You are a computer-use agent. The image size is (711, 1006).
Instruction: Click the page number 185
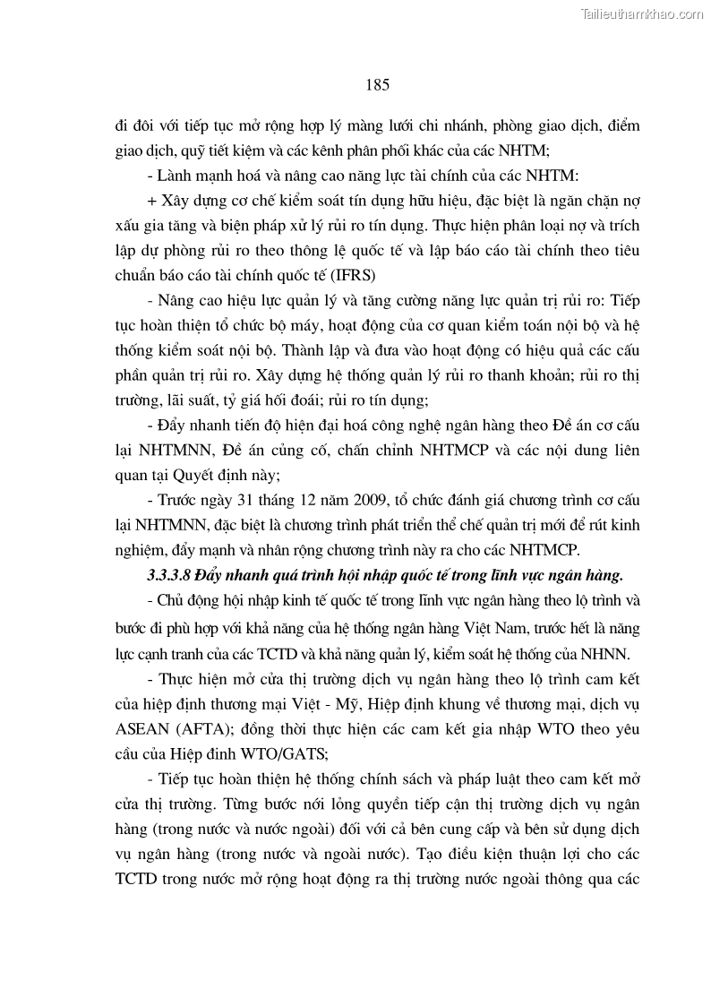(377, 85)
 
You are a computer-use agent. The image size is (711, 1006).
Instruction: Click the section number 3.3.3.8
(158, 572)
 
